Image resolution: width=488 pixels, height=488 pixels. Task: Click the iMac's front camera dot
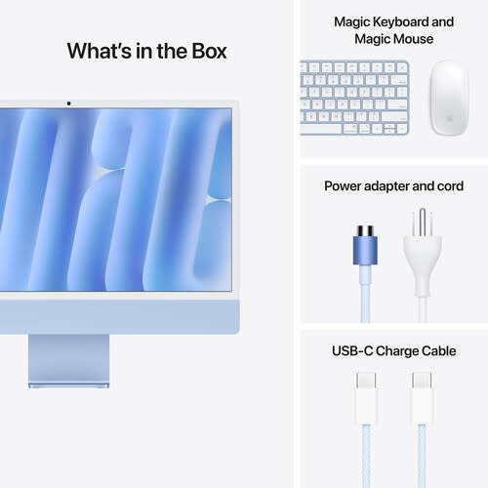coord(68,102)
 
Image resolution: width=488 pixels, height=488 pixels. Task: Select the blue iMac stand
coord(69,360)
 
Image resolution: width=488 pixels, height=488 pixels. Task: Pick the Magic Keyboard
coord(354,97)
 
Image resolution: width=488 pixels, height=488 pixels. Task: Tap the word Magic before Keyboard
coord(355,21)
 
